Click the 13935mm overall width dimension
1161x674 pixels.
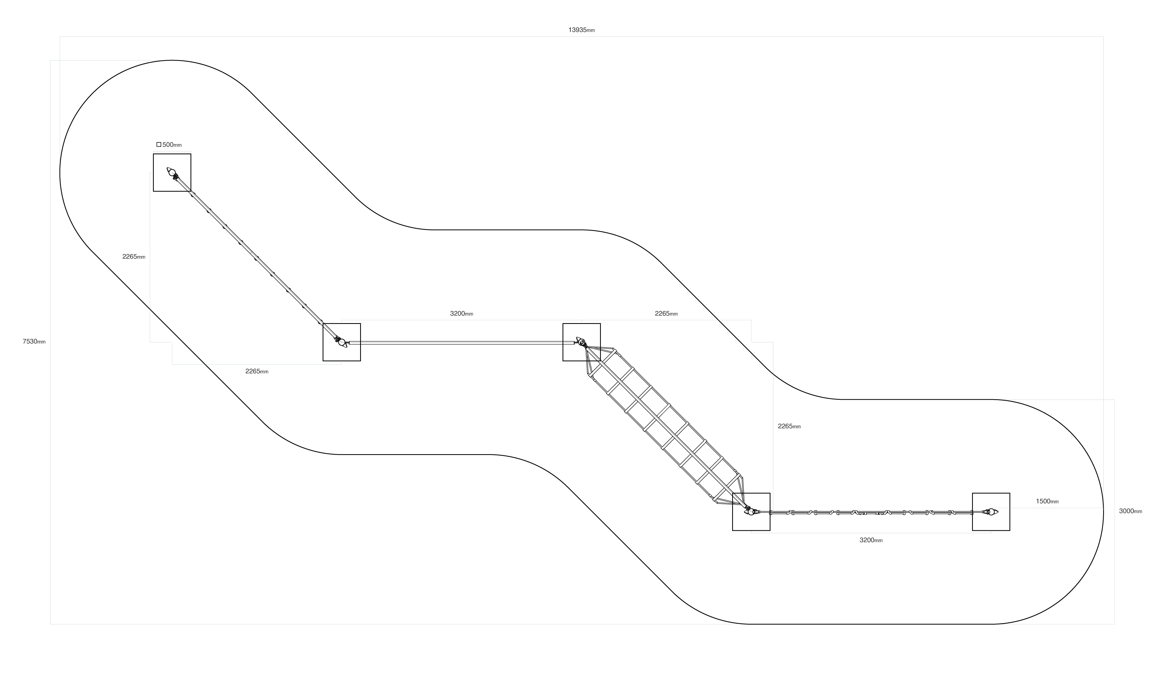581,30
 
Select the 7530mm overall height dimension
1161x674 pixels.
34,341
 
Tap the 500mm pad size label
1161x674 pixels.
172,145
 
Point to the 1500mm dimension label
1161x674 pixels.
1047,501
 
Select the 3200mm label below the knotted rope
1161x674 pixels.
871,540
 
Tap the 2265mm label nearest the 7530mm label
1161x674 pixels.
134,257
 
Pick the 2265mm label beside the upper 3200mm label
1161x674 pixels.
666,314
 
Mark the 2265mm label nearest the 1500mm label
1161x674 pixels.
789,426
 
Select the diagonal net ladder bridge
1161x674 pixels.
663,426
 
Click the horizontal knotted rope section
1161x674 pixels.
871,512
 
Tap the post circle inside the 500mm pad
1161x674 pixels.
172,173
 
